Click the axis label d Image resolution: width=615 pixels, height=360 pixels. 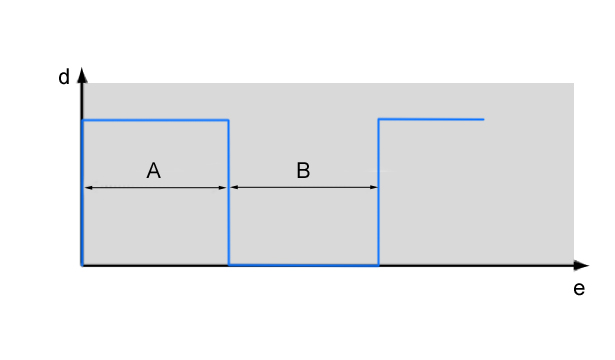tap(64, 76)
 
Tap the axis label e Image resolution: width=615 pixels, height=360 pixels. tap(579, 289)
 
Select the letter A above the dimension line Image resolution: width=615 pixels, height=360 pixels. tap(154, 171)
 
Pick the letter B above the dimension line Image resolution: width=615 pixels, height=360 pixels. tap(303, 171)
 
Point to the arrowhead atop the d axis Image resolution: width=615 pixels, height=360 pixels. tap(82, 75)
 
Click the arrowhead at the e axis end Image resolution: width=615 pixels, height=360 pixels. tap(581, 265)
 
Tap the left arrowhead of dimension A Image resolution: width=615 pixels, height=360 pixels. tap(89, 187)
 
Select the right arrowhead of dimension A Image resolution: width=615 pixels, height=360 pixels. tap(222, 187)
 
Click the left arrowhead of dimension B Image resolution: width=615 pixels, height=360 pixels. tap(235, 187)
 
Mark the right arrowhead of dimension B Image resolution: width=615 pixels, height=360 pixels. tap(373, 187)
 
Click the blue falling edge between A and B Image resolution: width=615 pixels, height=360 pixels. tap(229, 193)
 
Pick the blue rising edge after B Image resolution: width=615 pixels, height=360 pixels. tap(378, 192)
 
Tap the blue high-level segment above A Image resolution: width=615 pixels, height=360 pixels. tap(155, 120)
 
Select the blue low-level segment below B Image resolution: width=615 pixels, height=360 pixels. tap(304, 265)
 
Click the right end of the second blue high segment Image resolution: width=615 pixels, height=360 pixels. tap(484, 119)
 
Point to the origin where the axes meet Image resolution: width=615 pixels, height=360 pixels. tap(82, 265)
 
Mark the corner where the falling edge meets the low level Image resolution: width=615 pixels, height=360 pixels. tap(229, 265)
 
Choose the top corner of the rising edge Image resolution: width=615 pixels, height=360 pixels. tap(378, 119)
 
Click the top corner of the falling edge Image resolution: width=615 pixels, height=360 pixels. tap(229, 120)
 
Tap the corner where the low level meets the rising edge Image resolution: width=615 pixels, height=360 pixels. tap(378, 265)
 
